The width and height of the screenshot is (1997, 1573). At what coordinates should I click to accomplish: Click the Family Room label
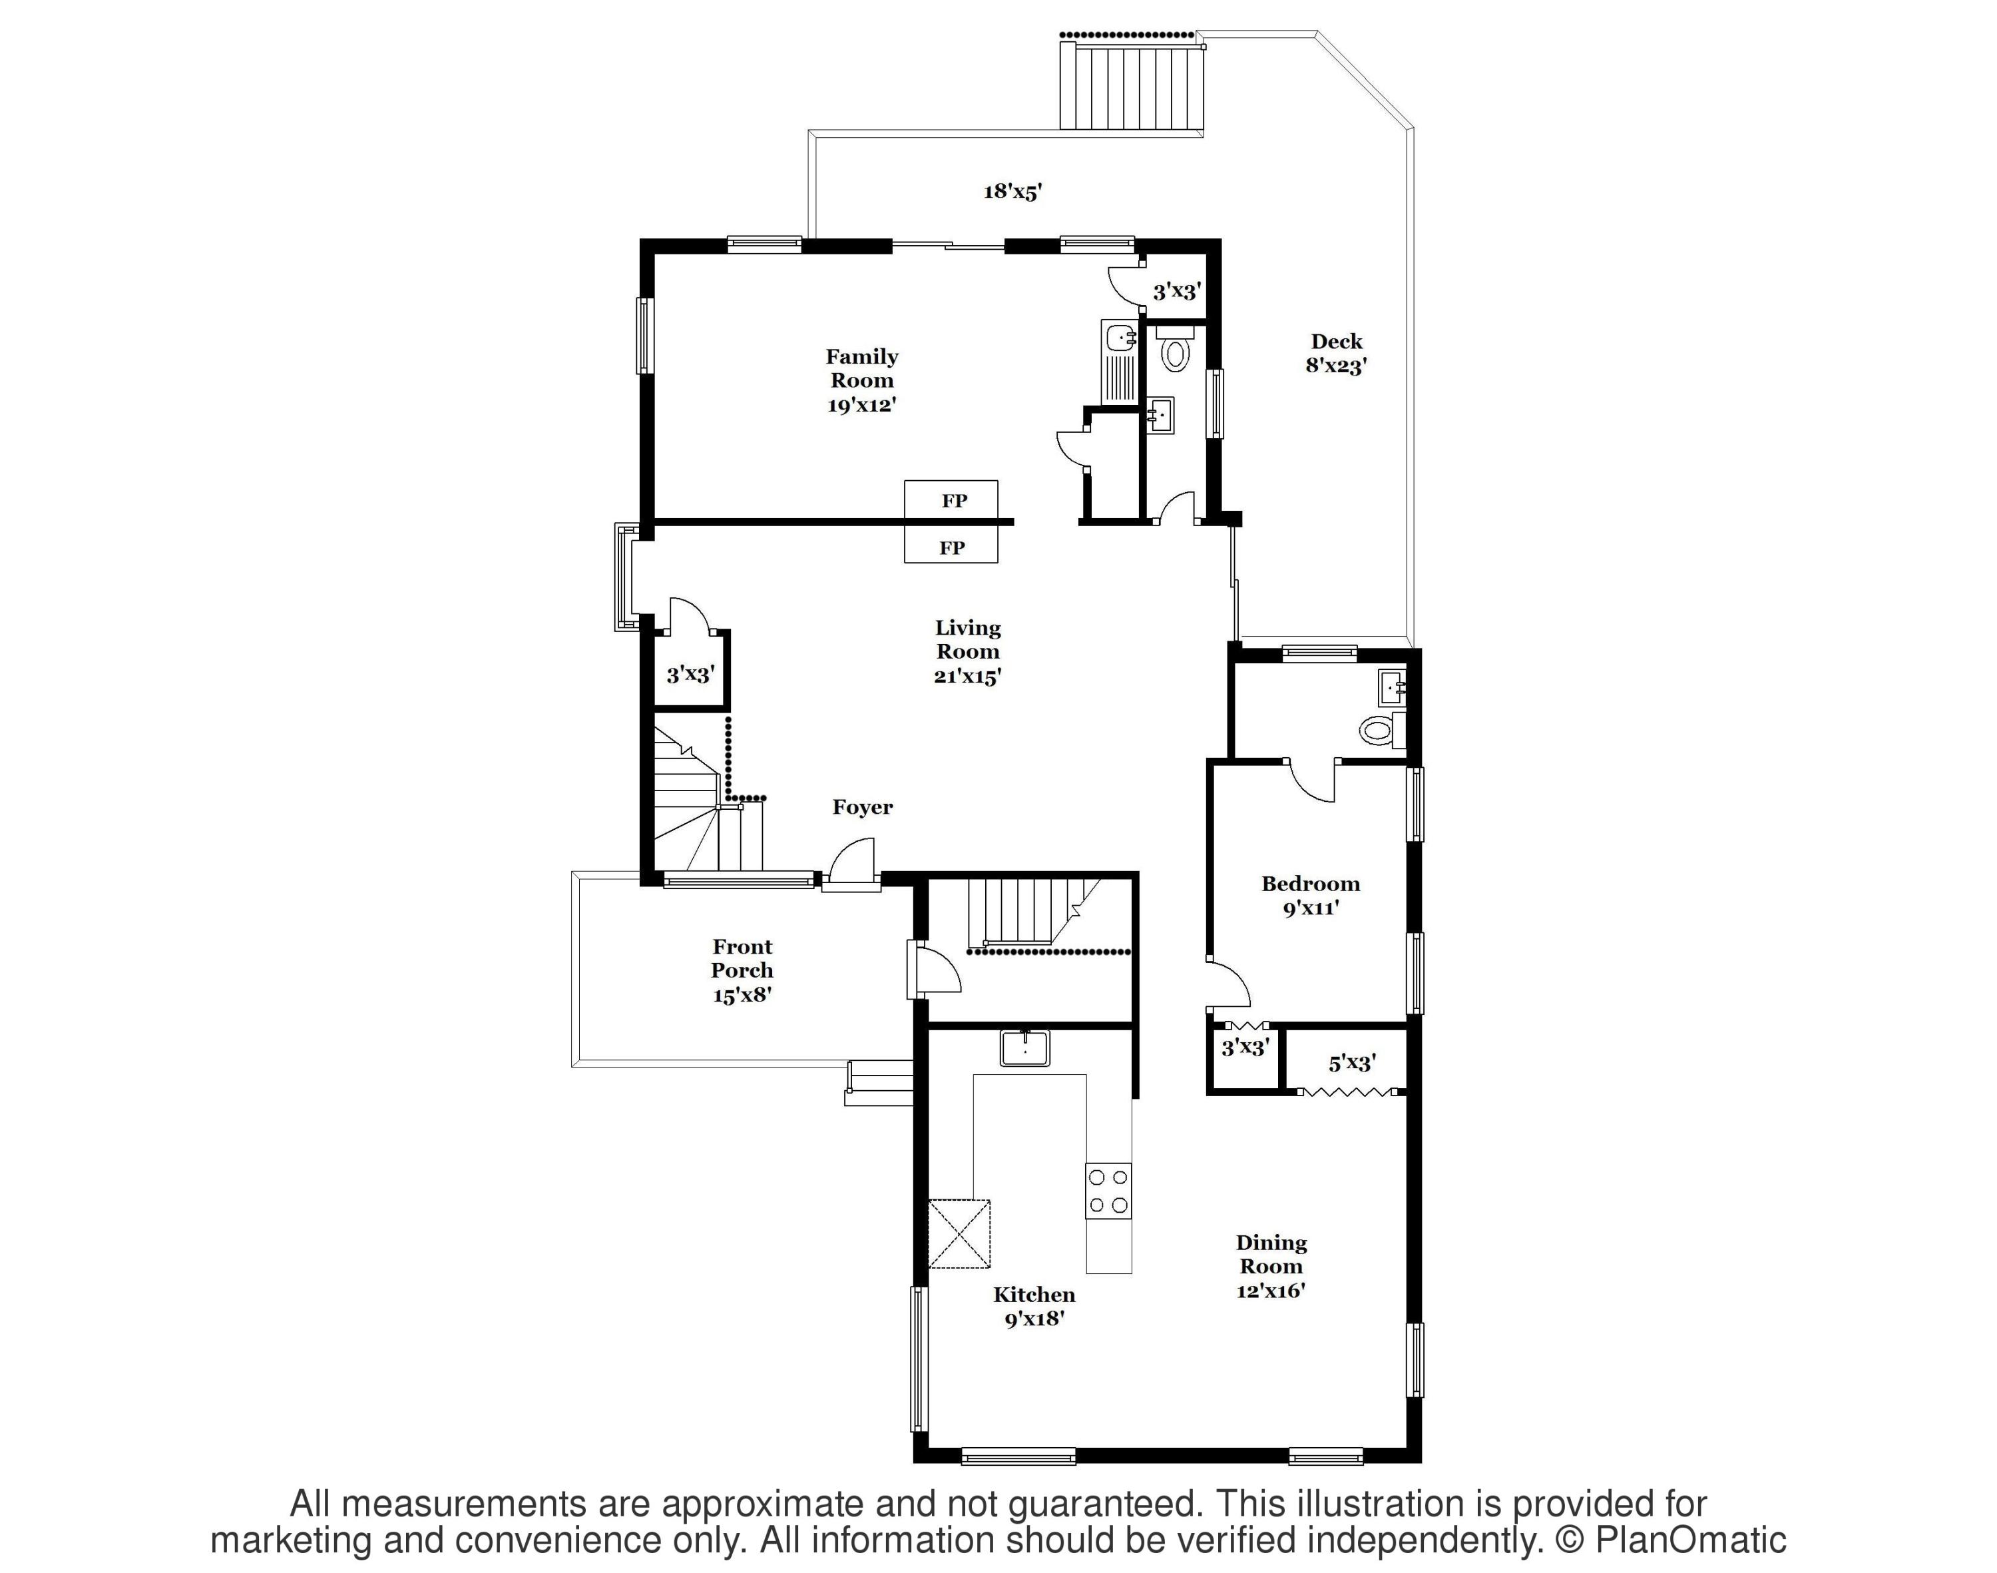point(862,380)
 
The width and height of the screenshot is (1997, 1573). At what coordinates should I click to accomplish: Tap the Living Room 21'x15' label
point(968,652)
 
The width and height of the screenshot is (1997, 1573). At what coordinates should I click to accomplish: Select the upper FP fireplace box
point(951,500)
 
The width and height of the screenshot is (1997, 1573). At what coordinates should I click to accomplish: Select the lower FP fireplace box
point(951,547)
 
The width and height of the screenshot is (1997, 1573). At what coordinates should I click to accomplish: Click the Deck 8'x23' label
point(1336,353)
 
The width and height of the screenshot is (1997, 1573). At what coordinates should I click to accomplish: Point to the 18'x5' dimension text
point(1012,192)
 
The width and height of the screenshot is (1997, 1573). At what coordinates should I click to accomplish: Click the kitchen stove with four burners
point(1108,1191)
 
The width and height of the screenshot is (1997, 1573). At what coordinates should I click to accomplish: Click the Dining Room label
point(1271,1266)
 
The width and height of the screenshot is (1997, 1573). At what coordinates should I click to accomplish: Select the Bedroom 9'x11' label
point(1309,895)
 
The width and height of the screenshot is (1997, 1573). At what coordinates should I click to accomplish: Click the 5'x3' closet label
point(1351,1063)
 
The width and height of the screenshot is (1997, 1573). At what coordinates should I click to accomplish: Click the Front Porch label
point(742,970)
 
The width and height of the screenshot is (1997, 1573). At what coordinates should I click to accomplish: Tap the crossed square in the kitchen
point(959,1233)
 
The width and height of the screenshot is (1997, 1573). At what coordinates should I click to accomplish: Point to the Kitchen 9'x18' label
point(1034,1306)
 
